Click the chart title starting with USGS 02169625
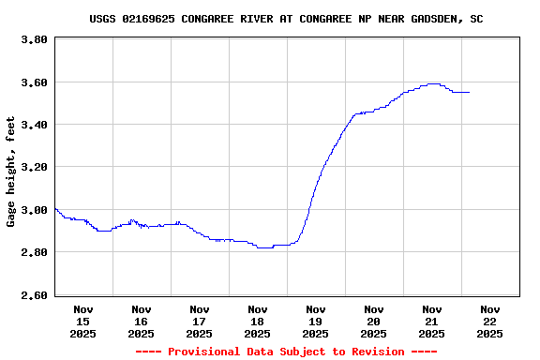[287, 19]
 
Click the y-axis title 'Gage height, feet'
[11, 172]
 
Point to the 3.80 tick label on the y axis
[34, 40]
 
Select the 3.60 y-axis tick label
[34, 82]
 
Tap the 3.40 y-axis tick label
[34, 125]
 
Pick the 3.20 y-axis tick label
[34, 167]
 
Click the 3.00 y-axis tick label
[34, 210]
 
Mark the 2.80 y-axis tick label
[34, 252]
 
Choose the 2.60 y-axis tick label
[34, 295]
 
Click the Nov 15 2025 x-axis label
[83, 321]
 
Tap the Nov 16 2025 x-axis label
[142, 321]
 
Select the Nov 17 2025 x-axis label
[200, 321]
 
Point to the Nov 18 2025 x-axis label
[258, 321]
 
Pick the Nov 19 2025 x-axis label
[316, 321]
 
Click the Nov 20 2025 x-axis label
[374, 321]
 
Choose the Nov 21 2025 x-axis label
[432, 321]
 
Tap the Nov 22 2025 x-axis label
[490, 321]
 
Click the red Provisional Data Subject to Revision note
[287, 352]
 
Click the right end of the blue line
[469, 92]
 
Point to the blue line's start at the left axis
[55, 208]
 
